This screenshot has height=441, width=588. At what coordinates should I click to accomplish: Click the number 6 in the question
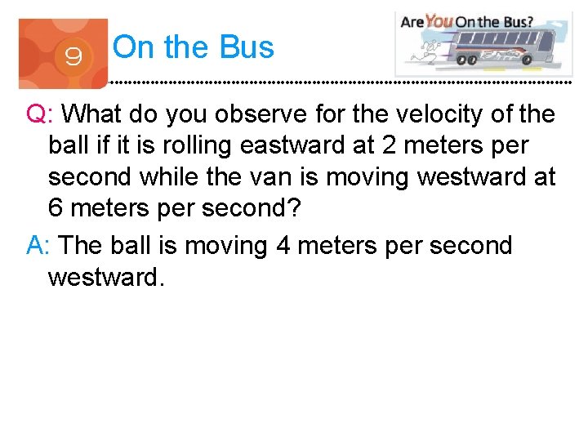(x=56, y=208)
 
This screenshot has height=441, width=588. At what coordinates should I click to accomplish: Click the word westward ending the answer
(x=106, y=277)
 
